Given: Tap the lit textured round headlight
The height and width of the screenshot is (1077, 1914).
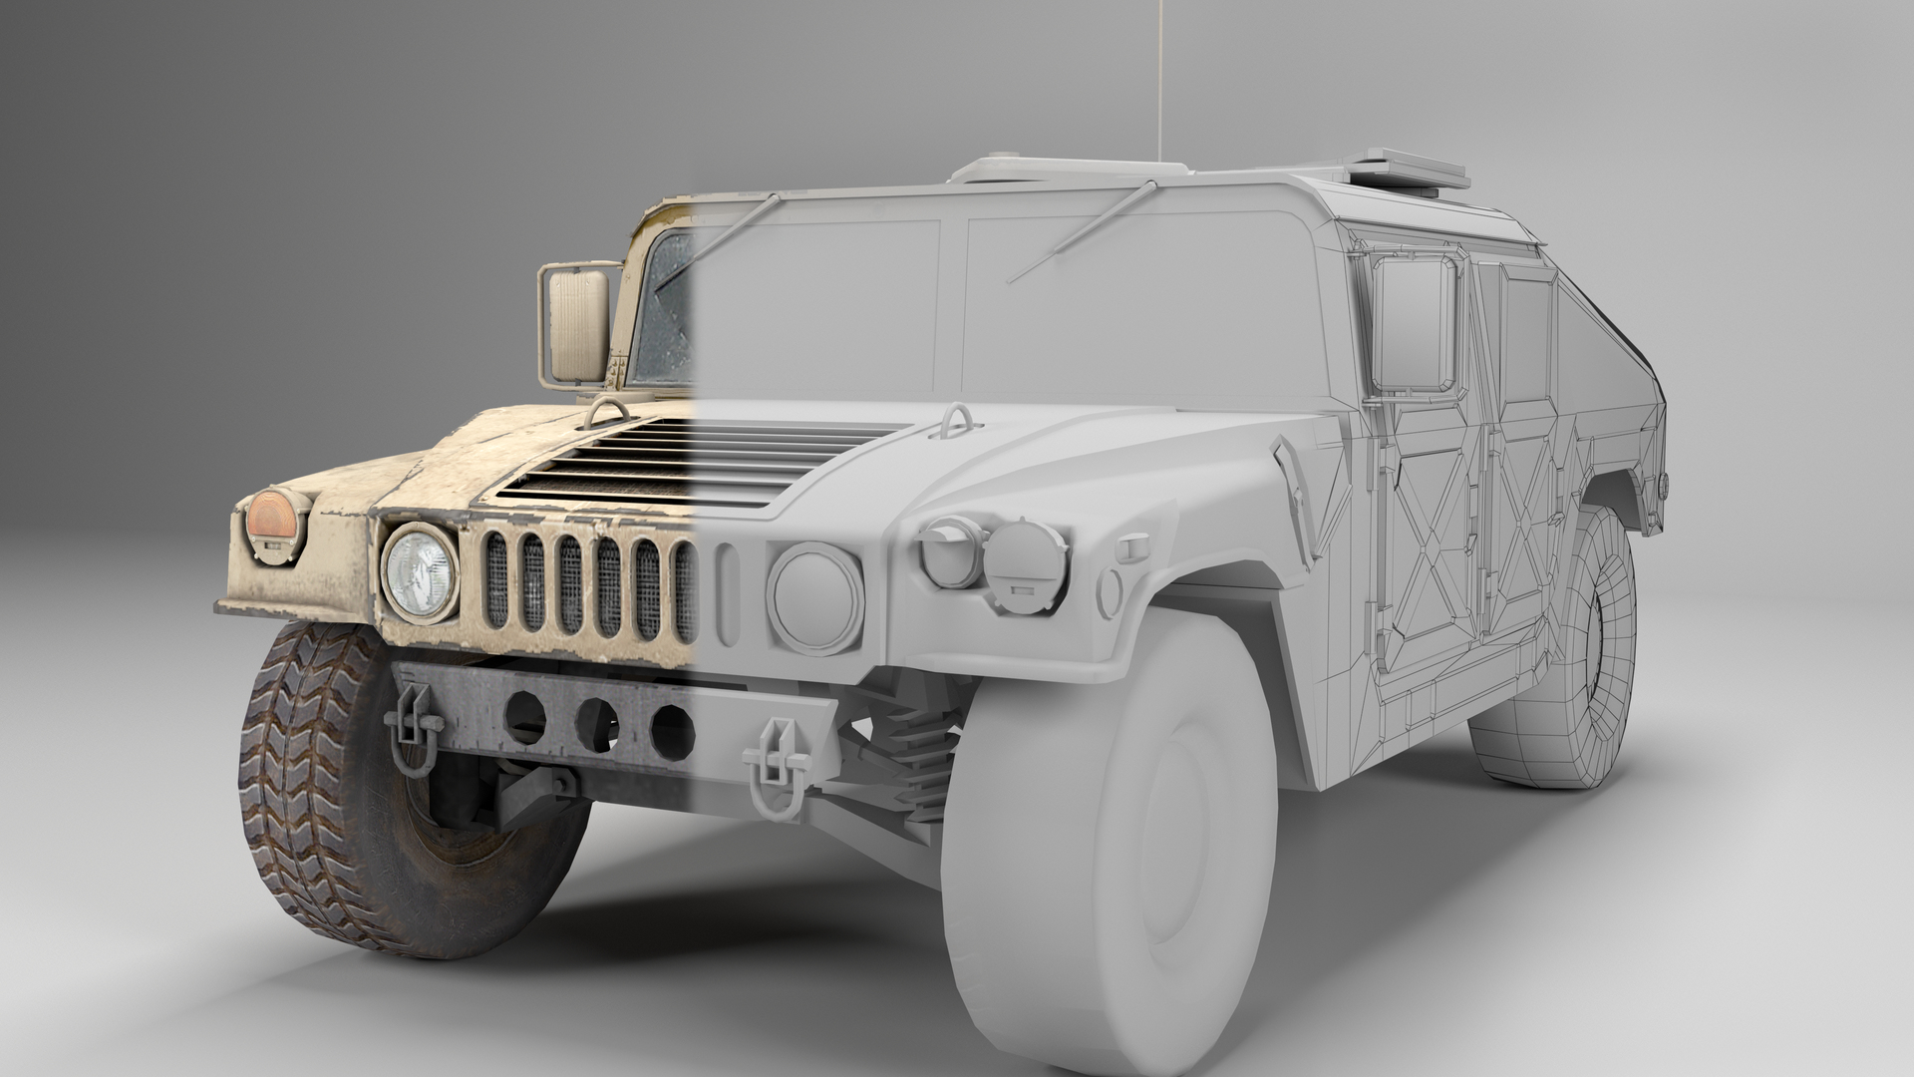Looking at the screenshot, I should click(x=420, y=572).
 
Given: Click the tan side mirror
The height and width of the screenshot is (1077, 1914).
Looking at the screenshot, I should click(x=575, y=324).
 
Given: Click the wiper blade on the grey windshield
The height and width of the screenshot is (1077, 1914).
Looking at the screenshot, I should click(x=1087, y=230).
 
